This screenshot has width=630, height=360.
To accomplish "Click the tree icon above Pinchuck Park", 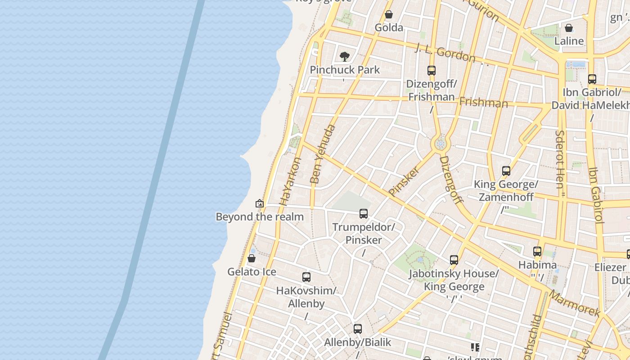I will pyautogui.click(x=345, y=57).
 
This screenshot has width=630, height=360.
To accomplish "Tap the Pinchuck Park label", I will pyautogui.click(x=345, y=70).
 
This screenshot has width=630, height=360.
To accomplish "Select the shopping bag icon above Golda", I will pyautogui.click(x=389, y=15).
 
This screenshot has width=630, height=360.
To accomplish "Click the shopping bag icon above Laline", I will pyautogui.click(x=569, y=28).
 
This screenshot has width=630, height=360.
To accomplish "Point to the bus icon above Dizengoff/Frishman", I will pyautogui.click(x=431, y=71).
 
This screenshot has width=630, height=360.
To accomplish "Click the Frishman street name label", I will pyautogui.click(x=483, y=103).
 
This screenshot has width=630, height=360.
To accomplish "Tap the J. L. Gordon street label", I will pyautogui.click(x=445, y=53).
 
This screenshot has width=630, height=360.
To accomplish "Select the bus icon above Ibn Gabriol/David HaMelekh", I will pyautogui.click(x=592, y=79).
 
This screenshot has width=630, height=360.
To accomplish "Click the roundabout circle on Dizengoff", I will pyautogui.click(x=440, y=144).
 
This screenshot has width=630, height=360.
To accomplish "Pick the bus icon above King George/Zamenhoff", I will pyautogui.click(x=506, y=171).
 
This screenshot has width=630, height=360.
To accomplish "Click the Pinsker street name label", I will pyautogui.click(x=404, y=181).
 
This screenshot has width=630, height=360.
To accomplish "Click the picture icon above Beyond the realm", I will pyautogui.click(x=259, y=204).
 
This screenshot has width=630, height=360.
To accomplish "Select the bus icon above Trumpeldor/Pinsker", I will pyautogui.click(x=364, y=214).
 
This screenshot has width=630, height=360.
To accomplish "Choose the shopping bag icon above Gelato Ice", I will pyautogui.click(x=252, y=259).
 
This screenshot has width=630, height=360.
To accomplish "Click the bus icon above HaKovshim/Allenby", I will pyautogui.click(x=306, y=277).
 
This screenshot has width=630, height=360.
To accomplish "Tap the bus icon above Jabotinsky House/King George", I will pyautogui.click(x=454, y=260).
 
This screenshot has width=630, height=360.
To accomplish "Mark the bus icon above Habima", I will pyautogui.click(x=537, y=252).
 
